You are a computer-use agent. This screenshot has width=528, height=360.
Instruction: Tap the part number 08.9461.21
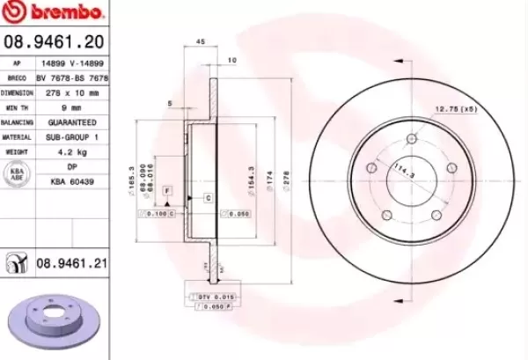pos(71,262)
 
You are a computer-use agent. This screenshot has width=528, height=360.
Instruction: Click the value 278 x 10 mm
pos(71,92)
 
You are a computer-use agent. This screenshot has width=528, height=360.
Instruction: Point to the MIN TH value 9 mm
pos(71,107)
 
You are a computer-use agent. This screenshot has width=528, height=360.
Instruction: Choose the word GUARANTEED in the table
pos(71,122)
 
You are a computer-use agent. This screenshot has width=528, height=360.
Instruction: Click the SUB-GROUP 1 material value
pos(71,137)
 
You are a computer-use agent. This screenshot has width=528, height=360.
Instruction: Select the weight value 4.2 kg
pos(71,152)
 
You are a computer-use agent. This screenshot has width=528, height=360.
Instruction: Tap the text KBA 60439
pos(71,180)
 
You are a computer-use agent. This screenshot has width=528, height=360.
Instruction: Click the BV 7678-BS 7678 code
pos(71,78)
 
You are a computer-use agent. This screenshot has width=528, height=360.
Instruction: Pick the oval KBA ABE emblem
pos(17,173)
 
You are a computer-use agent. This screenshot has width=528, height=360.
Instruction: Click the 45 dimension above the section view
pos(200,41)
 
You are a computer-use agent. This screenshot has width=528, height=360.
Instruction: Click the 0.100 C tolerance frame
pos(161,214)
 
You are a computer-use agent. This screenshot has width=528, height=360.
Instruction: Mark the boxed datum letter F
pos(166,190)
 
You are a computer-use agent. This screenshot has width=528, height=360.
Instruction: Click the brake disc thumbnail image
pos(51,320)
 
